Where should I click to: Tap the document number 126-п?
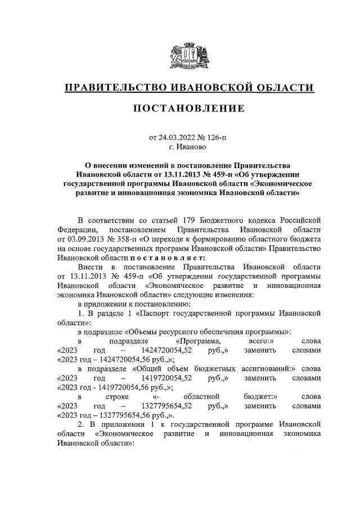216,137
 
